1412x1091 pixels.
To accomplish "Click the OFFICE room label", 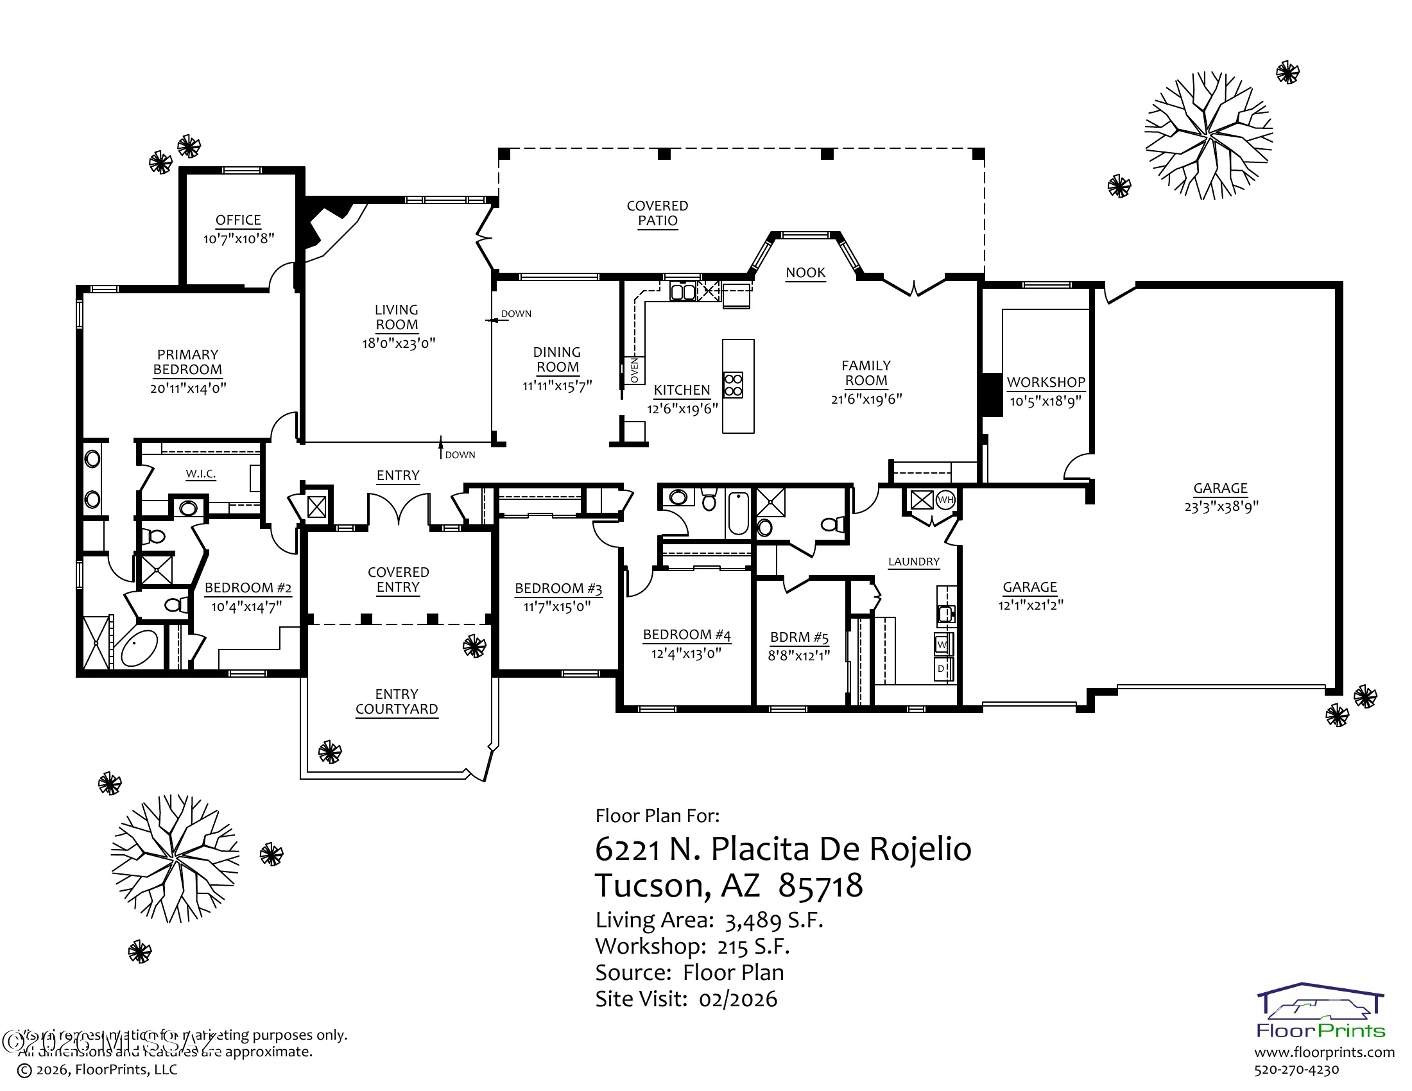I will click(x=238, y=219).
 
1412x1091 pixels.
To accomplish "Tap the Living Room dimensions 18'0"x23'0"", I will click(x=399, y=343).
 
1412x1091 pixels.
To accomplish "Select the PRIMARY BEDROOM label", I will click(x=187, y=362).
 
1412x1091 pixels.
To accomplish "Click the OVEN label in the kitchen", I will click(x=634, y=370).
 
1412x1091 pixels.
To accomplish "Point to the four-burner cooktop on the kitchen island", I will click(x=732, y=384).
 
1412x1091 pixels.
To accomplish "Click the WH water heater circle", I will click(x=945, y=499).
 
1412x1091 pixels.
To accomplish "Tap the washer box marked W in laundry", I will click(x=942, y=644).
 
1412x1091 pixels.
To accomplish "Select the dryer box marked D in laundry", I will click(x=942, y=669).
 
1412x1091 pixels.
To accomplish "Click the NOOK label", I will click(x=805, y=273).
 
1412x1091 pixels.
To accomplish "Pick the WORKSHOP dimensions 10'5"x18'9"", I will click(x=1046, y=401).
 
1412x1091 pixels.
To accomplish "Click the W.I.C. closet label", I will click(x=200, y=474).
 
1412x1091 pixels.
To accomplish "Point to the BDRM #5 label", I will click(x=799, y=637).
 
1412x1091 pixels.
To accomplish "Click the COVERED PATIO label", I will click(x=657, y=213).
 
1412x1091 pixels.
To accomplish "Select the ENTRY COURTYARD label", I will click(x=396, y=701).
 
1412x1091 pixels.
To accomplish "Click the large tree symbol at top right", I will click(x=1208, y=135).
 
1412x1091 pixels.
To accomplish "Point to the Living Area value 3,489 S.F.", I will click(x=774, y=920).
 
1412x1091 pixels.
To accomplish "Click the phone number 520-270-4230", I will click(x=1296, y=1070).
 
